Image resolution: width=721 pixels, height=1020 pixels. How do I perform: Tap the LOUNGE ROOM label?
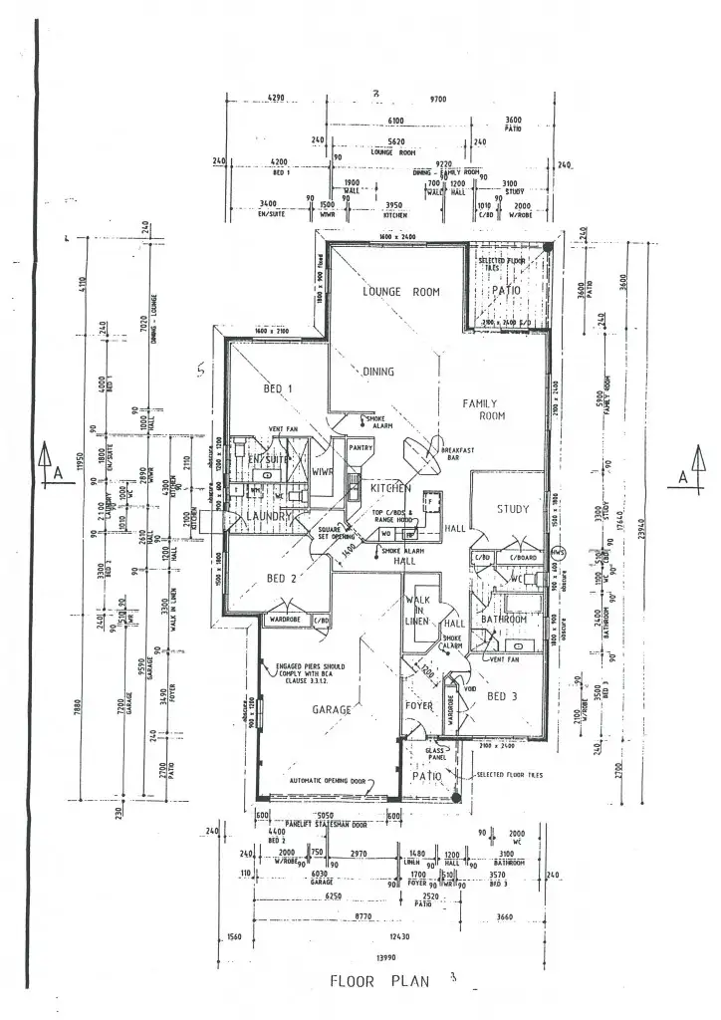click(x=399, y=292)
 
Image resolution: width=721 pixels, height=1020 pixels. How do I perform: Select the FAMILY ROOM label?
click(x=486, y=409)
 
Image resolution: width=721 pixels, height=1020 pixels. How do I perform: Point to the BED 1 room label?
click(x=277, y=388)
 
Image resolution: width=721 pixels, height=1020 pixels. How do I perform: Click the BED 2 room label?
click(x=283, y=578)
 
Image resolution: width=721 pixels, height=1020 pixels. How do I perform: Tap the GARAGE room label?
click(x=332, y=710)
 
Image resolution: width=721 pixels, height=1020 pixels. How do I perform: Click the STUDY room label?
click(x=512, y=510)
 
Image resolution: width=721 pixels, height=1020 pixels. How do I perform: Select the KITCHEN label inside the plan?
click(x=390, y=490)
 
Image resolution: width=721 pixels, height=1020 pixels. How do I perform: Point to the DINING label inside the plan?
click(x=377, y=372)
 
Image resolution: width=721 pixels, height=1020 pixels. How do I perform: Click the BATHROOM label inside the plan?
click(x=503, y=619)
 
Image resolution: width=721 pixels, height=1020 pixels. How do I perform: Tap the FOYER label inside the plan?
click(x=417, y=709)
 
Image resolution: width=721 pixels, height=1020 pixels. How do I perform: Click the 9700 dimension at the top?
click(x=439, y=100)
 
